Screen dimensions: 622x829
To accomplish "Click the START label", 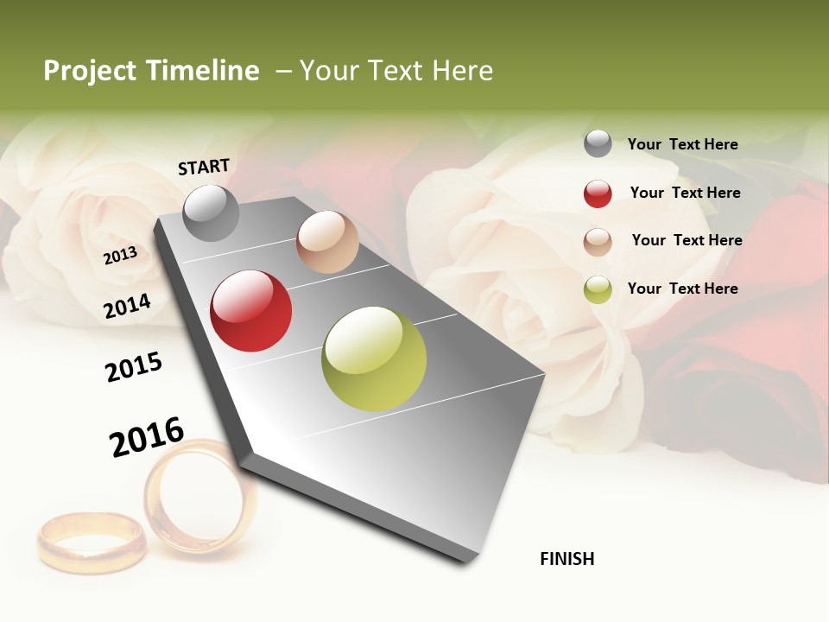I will (204, 167).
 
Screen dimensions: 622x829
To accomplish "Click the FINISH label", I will (566, 559).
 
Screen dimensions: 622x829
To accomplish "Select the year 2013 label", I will (120, 256).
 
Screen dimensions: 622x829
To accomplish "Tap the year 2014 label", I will (127, 306).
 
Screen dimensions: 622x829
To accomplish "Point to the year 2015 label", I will (133, 367).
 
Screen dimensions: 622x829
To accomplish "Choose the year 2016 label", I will (147, 437).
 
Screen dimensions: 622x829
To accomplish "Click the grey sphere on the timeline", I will (211, 213).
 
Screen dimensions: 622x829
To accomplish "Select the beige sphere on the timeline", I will (327, 241).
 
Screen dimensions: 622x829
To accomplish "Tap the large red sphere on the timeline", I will (251, 311).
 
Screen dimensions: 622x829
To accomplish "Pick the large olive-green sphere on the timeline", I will (374, 359).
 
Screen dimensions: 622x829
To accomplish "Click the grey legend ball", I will (598, 143).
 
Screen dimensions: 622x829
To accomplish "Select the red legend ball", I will (598, 194).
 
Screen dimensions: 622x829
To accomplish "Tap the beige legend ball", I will (598, 241).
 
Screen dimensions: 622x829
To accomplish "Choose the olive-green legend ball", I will (598, 289).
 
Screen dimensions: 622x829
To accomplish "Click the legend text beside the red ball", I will (685, 193).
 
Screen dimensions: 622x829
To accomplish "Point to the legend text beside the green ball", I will (682, 289).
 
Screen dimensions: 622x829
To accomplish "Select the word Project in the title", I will (90, 71).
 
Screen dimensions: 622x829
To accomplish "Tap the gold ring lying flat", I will (91, 542).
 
